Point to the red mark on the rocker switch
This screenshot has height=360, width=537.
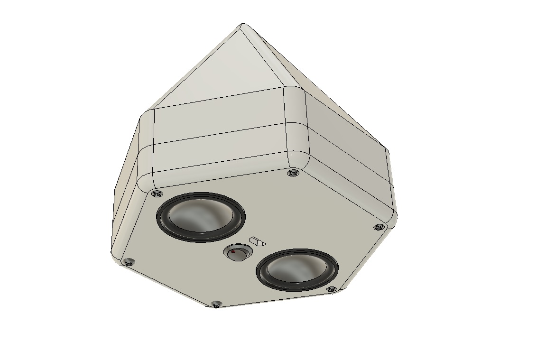233,252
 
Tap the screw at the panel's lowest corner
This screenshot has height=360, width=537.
216,304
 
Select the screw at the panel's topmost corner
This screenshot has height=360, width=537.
293,173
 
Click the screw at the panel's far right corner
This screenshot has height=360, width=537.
379,228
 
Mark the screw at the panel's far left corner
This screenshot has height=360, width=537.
128,262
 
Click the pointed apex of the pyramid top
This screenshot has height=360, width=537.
243,24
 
